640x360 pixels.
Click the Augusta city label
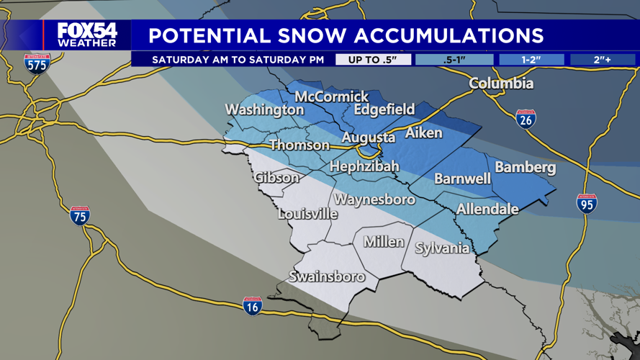click(x=368, y=138)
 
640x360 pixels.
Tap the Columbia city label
click(x=501, y=84)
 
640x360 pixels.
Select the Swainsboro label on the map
click(x=327, y=276)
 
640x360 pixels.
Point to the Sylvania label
click(x=442, y=248)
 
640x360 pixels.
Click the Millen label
click(x=384, y=242)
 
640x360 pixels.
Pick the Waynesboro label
click(x=374, y=199)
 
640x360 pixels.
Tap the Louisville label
click(x=308, y=214)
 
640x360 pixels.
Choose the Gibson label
click(x=276, y=177)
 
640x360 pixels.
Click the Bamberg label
click(x=526, y=168)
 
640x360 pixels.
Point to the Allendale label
click(x=487, y=209)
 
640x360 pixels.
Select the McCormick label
click(x=332, y=96)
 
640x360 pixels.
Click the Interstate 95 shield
click(x=587, y=204)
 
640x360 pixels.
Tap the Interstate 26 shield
click(x=526, y=120)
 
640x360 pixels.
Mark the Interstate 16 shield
click(x=252, y=306)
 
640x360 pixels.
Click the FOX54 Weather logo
click(x=86, y=35)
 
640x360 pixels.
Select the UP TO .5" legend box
click(x=373, y=60)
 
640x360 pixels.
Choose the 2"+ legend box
click(x=603, y=60)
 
